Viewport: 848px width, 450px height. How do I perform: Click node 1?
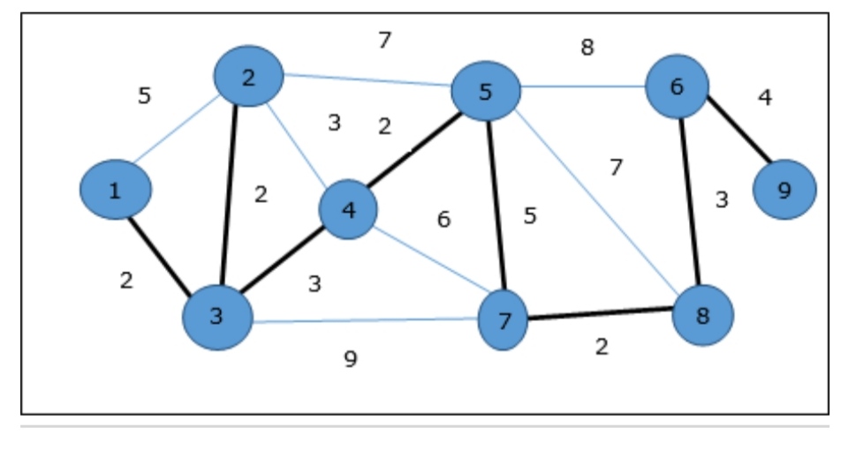pos(115,190)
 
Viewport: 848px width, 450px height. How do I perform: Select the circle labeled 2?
pos(248,77)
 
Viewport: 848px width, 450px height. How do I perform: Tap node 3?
pos(217,317)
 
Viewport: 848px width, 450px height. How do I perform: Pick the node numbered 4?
pos(348,210)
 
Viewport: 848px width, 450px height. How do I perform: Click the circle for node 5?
pos(485,90)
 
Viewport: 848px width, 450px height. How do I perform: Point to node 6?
pos(677,86)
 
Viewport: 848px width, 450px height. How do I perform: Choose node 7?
pos(503,321)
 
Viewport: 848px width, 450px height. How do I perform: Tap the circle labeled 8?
pos(702,315)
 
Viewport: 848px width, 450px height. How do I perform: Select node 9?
pos(784,189)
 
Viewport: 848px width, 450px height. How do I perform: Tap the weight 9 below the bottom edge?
pos(351,359)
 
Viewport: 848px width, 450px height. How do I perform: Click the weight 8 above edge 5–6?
pos(587,48)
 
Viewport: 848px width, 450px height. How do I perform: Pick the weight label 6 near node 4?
pos(443,219)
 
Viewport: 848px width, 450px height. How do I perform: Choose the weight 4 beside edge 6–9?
pos(765,97)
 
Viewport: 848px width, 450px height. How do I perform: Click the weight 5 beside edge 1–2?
pos(144,95)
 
